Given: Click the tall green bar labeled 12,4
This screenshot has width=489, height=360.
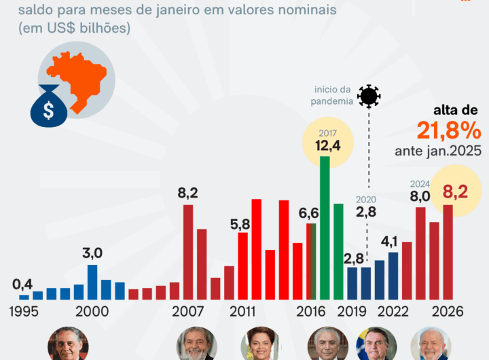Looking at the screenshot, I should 325,228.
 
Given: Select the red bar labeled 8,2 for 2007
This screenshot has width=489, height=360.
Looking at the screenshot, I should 188,252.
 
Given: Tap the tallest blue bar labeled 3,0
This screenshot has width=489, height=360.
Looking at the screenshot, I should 92,282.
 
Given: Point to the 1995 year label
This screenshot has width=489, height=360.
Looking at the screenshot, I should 24,312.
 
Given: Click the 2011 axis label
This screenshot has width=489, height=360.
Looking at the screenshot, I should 242,312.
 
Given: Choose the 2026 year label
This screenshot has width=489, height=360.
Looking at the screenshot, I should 447,312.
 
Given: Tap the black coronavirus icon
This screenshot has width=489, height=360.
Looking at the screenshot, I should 369,96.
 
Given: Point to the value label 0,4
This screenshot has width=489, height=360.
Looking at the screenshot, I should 23,284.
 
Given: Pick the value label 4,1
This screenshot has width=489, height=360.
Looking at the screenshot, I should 389,241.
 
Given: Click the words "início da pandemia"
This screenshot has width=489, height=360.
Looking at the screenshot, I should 333,96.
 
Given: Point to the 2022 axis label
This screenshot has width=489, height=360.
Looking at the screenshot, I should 392,312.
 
